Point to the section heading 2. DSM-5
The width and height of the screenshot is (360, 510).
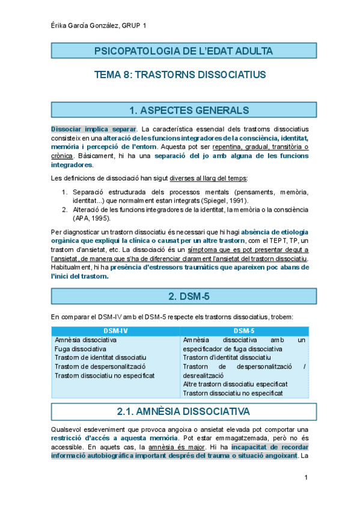click(x=180, y=296)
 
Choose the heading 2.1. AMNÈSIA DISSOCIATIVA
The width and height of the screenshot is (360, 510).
click(x=180, y=412)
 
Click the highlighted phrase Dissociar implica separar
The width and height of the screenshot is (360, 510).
click(x=94, y=129)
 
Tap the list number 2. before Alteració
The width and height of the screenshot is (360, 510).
click(x=65, y=209)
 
